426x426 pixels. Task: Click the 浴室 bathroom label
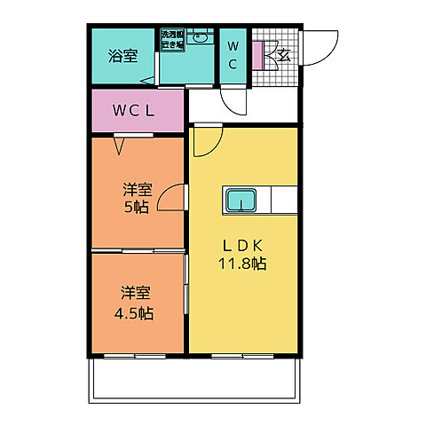point(123,55)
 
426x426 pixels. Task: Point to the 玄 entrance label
point(284,55)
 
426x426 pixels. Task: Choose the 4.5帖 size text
point(136,313)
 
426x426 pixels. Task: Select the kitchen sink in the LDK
point(241,201)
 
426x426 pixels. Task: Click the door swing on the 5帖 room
point(175,200)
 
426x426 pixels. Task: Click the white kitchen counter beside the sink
point(281,199)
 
